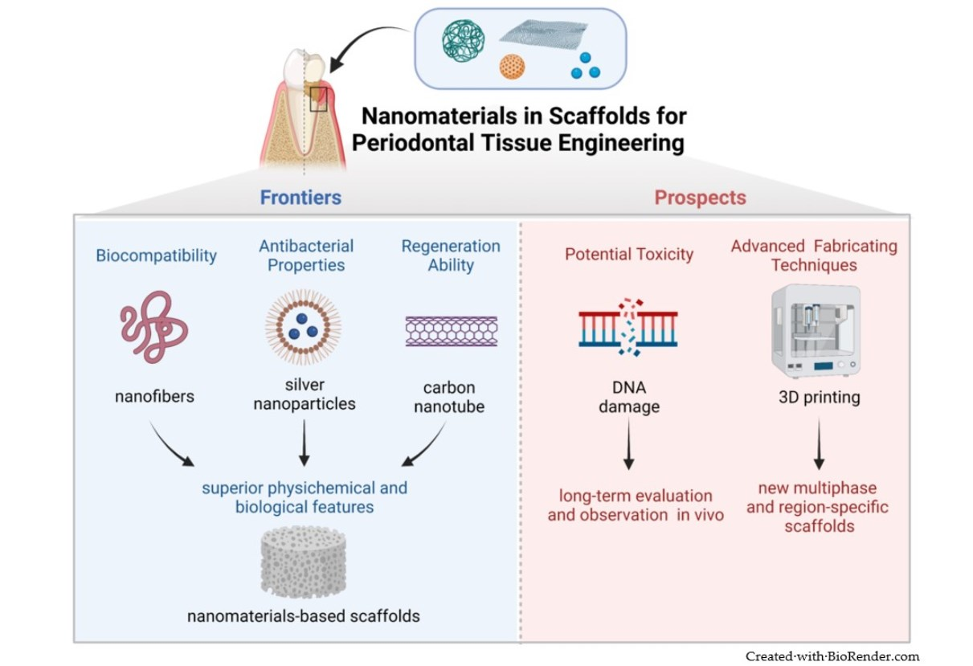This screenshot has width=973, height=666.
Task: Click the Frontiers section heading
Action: [300, 197]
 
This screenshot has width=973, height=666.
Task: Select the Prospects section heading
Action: [700, 197]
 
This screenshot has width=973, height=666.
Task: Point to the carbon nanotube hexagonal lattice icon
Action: [451, 331]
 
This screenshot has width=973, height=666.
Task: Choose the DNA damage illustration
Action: [628, 328]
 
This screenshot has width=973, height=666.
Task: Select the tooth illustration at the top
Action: [304, 112]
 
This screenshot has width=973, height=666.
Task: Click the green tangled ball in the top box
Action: [464, 41]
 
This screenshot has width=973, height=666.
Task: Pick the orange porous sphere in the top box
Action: [512, 67]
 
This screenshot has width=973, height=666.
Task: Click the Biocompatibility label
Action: [157, 255]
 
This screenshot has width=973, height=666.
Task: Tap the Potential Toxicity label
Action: [628, 255]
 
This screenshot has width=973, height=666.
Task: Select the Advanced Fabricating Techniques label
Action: [814, 255]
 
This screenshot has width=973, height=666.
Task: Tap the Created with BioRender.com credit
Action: [832, 656]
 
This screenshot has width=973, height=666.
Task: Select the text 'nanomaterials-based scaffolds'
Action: [304, 616]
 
